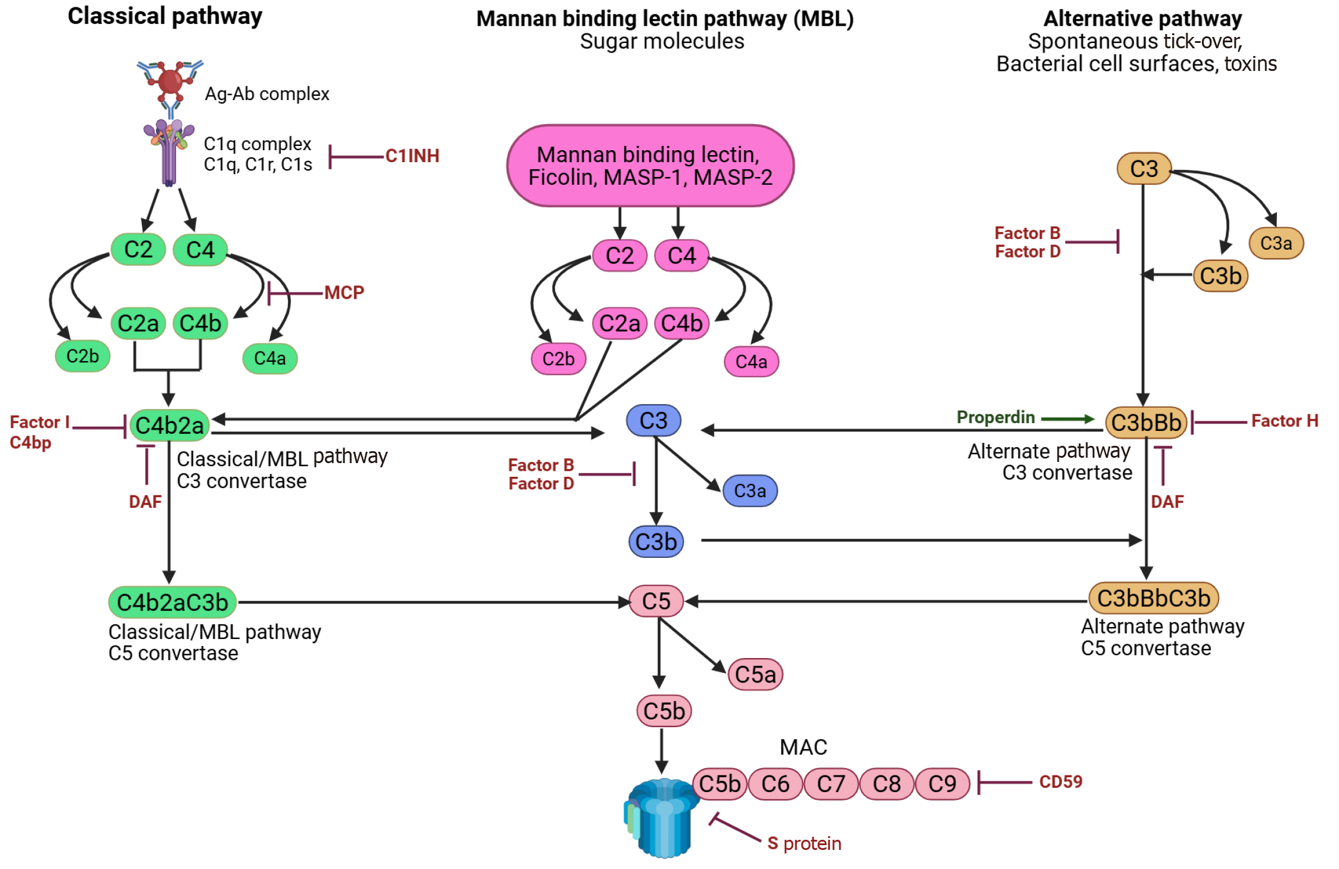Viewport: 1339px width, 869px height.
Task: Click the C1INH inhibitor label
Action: pos(412,156)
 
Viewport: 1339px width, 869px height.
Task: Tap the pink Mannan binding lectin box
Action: pos(650,166)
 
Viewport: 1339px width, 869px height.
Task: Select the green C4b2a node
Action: pos(169,426)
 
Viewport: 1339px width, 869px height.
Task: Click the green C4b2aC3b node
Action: pos(172,603)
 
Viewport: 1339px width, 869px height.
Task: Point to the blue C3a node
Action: pos(749,491)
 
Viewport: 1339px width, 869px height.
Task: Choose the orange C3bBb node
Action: pos(1146,423)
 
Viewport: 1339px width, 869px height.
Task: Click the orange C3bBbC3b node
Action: pos(1154,598)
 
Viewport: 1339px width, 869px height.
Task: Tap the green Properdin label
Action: pos(996,417)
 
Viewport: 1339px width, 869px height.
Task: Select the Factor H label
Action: pos(1284,421)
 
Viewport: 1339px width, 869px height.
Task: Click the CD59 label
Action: pos(1060,782)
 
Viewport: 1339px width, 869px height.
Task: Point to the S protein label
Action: pos(804,844)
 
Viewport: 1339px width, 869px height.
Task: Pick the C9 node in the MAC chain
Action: pos(942,784)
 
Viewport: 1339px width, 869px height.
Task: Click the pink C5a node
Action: pos(755,675)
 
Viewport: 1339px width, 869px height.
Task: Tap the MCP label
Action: pos(344,293)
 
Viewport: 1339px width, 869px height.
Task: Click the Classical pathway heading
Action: pos(165,17)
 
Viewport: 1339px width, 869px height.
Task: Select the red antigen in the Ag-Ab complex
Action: pos(171,82)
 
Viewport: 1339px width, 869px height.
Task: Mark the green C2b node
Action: pos(82,356)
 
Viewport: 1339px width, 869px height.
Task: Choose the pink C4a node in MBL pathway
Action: pos(751,362)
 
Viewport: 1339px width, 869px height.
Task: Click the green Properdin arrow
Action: pos(1068,419)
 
